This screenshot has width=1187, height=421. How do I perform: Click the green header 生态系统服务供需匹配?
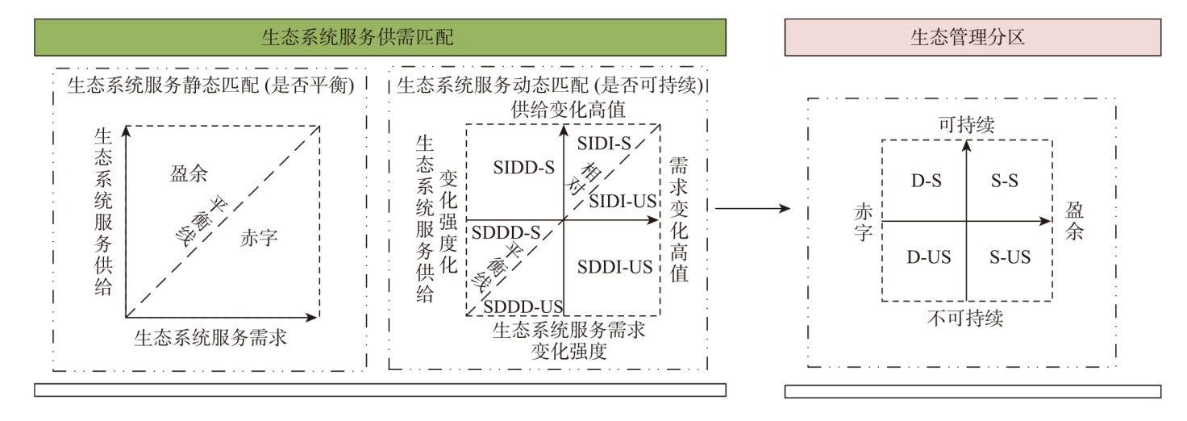click(380, 38)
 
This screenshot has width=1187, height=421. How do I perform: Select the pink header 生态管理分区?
click(973, 38)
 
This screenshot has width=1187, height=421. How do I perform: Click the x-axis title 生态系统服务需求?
click(211, 337)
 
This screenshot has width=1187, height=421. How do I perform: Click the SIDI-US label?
click(622, 202)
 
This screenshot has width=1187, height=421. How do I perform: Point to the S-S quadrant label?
click(1004, 181)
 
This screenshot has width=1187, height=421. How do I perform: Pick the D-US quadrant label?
click(928, 258)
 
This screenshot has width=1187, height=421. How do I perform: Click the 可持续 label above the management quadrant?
click(966, 125)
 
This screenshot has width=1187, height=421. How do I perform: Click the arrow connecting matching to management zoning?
click(752, 210)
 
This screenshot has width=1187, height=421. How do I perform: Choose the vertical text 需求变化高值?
click(679, 219)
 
